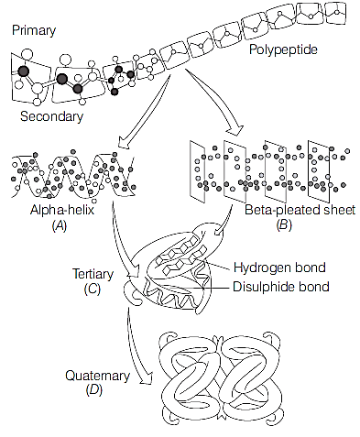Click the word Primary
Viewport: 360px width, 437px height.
[x=34, y=30]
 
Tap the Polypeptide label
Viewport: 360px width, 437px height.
[x=283, y=49]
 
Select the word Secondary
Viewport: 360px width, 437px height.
[x=51, y=116]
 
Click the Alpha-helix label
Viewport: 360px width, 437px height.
[x=62, y=210]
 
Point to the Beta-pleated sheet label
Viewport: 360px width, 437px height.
[x=300, y=210]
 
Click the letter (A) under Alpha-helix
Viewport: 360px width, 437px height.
[x=60, y=225]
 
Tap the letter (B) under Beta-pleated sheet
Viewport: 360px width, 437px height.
[x=284, y=225]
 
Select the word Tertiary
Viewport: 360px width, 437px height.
[x=93, y=274]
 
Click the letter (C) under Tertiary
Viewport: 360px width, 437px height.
[x=92, y=289]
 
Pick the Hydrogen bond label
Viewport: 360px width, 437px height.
[x=279, y=268]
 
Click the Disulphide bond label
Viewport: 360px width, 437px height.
[x=281, y=287]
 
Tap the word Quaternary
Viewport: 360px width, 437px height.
[x=97, y=376]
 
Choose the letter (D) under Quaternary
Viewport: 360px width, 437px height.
[x=94, y=390]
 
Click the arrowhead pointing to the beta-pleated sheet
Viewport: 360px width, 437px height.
[x=235, y=129]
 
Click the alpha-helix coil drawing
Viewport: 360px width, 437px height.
[x=73, y=176]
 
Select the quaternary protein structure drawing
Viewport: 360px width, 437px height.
[x=221, y=378]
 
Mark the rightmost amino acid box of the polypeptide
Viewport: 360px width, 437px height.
[x=335, y=14]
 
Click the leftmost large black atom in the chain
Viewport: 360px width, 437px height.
[x=23, y=71]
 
